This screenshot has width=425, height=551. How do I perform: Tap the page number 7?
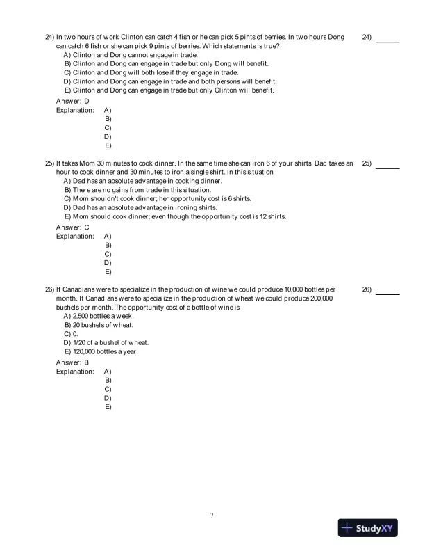212,515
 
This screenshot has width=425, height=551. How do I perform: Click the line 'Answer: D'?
72,101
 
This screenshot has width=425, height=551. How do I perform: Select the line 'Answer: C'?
72,227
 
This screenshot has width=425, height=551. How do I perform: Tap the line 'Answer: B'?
72,362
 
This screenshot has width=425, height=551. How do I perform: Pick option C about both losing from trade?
151,72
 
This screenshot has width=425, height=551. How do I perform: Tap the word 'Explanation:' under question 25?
75,236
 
